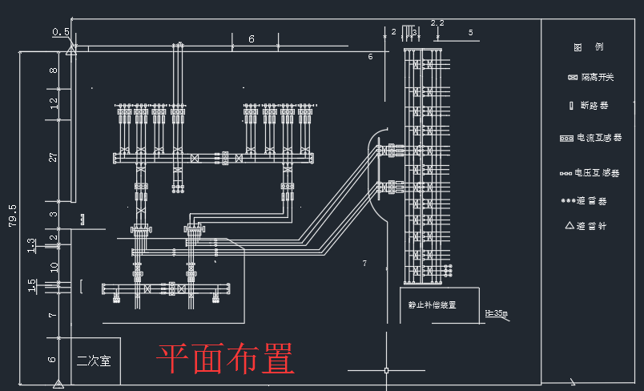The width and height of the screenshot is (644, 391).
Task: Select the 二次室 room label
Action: click(94, 361)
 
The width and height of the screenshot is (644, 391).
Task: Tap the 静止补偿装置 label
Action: click(432, 305)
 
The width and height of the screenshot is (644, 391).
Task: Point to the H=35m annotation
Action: click(497, 312)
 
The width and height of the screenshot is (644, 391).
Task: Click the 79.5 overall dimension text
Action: click(13, 216)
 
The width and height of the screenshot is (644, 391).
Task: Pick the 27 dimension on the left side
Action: click(54, 157)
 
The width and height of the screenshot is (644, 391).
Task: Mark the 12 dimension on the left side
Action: click(54, 103)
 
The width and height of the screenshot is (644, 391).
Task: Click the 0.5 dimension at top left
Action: click(61, 32)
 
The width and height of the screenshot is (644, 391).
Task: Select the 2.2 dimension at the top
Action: click(437, 22)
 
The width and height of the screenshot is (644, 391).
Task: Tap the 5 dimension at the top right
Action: click(470, 33)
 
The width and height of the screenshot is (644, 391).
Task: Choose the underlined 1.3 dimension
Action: click(31, 244)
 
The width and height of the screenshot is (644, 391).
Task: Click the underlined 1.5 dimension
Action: click(31, 284)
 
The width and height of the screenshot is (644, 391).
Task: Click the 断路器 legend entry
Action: click(593, 106)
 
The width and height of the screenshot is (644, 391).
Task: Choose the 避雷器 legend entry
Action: click(591, 200)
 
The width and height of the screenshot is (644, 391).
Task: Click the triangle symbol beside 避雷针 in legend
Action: click(570, 226)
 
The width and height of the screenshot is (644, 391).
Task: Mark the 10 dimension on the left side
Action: click(54, 267)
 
